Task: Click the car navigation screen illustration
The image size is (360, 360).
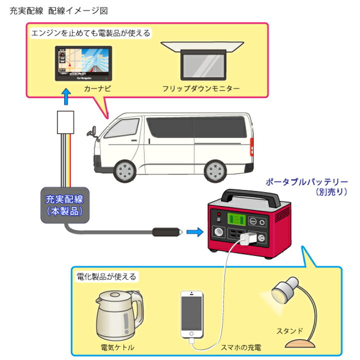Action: pyautogui.click(x=83, y=63)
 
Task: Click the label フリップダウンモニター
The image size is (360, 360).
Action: pyautogui.click(x=200, y=88)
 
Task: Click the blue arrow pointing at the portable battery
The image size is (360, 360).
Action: pyautogui.click(x=195, y=231)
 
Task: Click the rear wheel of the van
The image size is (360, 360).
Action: pyautogui.click(x=216, y=170)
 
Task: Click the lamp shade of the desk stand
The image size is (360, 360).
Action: pyautogui.click(x=282, y=292)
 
